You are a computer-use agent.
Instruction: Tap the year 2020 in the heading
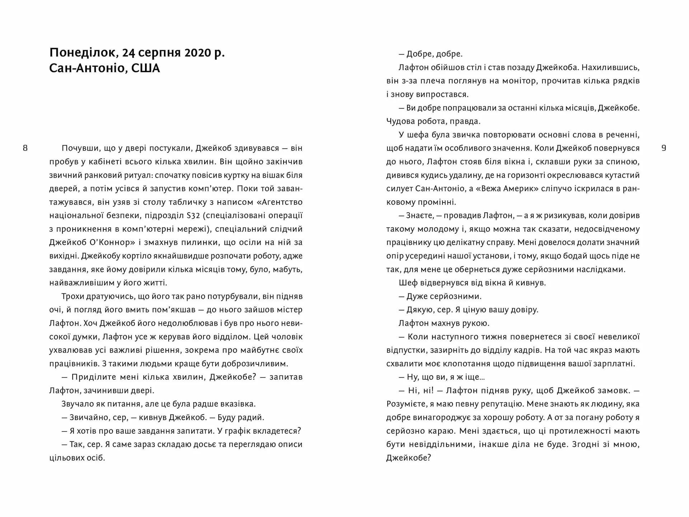tap(197, 53)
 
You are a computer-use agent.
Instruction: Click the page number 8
tap(25, 148)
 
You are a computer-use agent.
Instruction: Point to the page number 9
tap(664, 148)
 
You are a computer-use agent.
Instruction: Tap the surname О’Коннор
tap(111, 242)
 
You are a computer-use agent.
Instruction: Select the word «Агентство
tap(280, 202)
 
